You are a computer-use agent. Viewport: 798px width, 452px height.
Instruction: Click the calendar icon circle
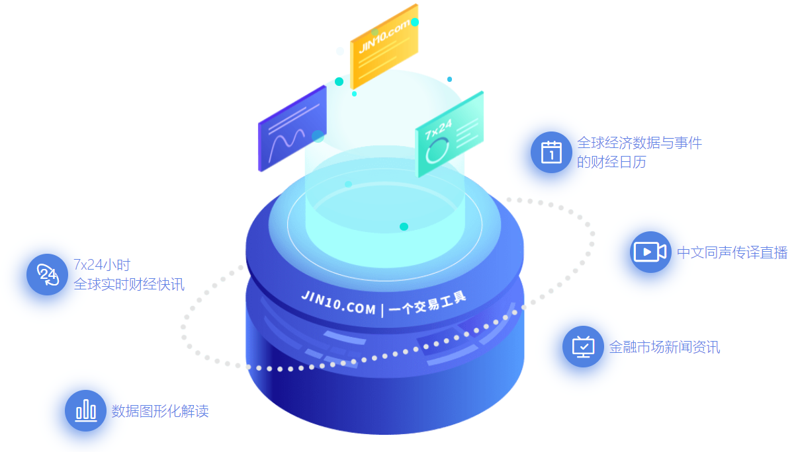551,152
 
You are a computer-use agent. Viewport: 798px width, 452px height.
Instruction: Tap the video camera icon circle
650,252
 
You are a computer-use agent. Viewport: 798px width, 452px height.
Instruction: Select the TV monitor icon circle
583,346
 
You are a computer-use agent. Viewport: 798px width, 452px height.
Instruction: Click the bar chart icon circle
85,410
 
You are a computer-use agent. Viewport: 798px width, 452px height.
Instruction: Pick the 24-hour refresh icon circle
47,274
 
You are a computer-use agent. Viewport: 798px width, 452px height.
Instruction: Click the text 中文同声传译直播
732,252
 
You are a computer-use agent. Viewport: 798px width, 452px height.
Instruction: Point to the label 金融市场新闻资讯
664,347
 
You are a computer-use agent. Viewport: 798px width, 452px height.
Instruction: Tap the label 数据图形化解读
160,411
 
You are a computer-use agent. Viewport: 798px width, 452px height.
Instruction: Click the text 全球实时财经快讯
129,285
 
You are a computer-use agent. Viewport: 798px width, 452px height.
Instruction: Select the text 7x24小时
102,265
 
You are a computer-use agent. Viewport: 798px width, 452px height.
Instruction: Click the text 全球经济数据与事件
639,143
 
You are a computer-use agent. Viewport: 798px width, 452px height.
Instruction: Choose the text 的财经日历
611,162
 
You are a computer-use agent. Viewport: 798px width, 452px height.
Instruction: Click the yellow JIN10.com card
384,46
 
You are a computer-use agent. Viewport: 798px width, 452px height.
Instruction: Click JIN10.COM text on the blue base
337,301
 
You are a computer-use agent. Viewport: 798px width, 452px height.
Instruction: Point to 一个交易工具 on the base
428,303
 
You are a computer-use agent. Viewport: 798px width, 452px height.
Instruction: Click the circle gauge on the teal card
436,151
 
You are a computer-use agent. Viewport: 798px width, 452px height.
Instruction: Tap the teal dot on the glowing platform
404,227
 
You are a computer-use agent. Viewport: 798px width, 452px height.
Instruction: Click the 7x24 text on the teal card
438,129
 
